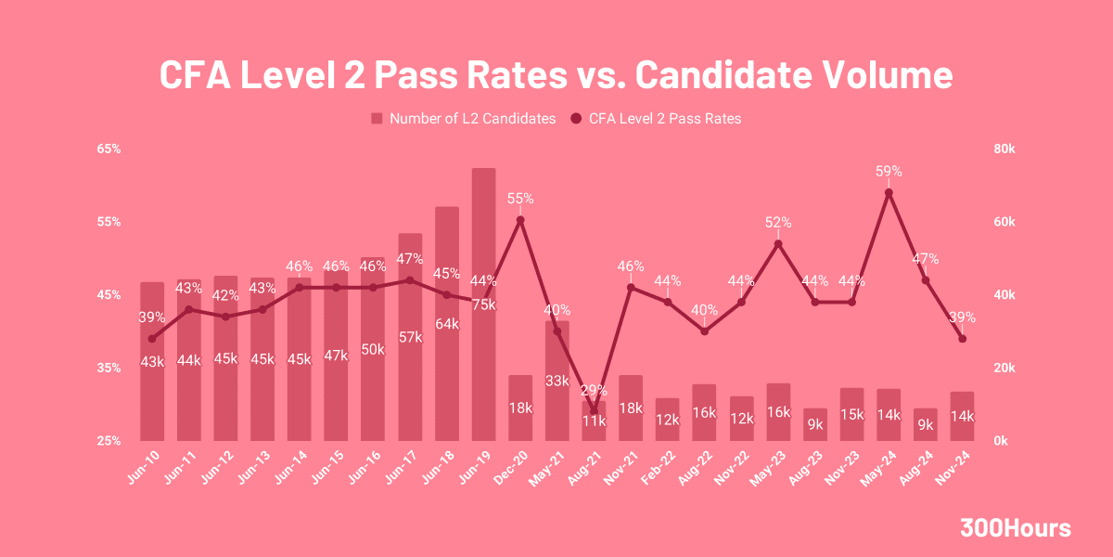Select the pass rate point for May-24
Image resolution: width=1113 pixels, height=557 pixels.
click(x=889, y=192)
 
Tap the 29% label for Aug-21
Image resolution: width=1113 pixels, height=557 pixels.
click(x=594, y=390)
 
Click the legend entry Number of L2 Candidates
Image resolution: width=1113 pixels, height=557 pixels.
click(x=463, y=119)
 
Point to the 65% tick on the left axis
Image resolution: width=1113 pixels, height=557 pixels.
click(x=109, y=149)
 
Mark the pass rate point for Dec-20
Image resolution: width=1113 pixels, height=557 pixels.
click(x=520, y=220)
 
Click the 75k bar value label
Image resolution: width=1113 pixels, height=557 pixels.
click(x=483, y=304)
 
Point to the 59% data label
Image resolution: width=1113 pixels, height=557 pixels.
click(x=889, y=171)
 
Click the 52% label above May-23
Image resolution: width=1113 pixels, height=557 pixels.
click(x=778, y=223)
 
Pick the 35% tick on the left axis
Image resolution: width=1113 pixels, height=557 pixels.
click(x=109, y=368)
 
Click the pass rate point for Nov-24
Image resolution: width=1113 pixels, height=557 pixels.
click(x=962, y=339)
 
